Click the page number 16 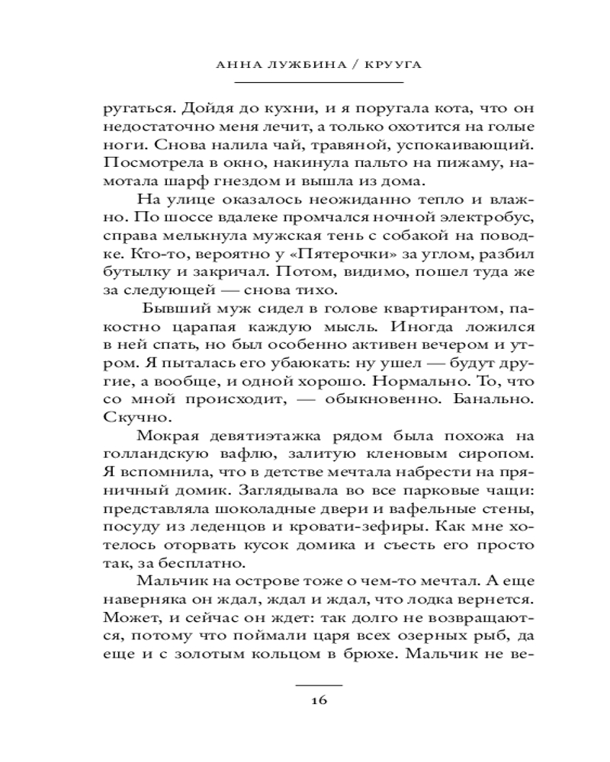(x=319, y=702)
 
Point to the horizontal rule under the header (x=319, y=82)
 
